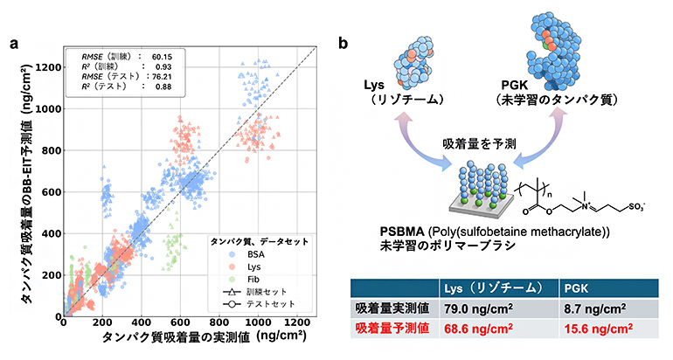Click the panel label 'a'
point(13,42)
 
